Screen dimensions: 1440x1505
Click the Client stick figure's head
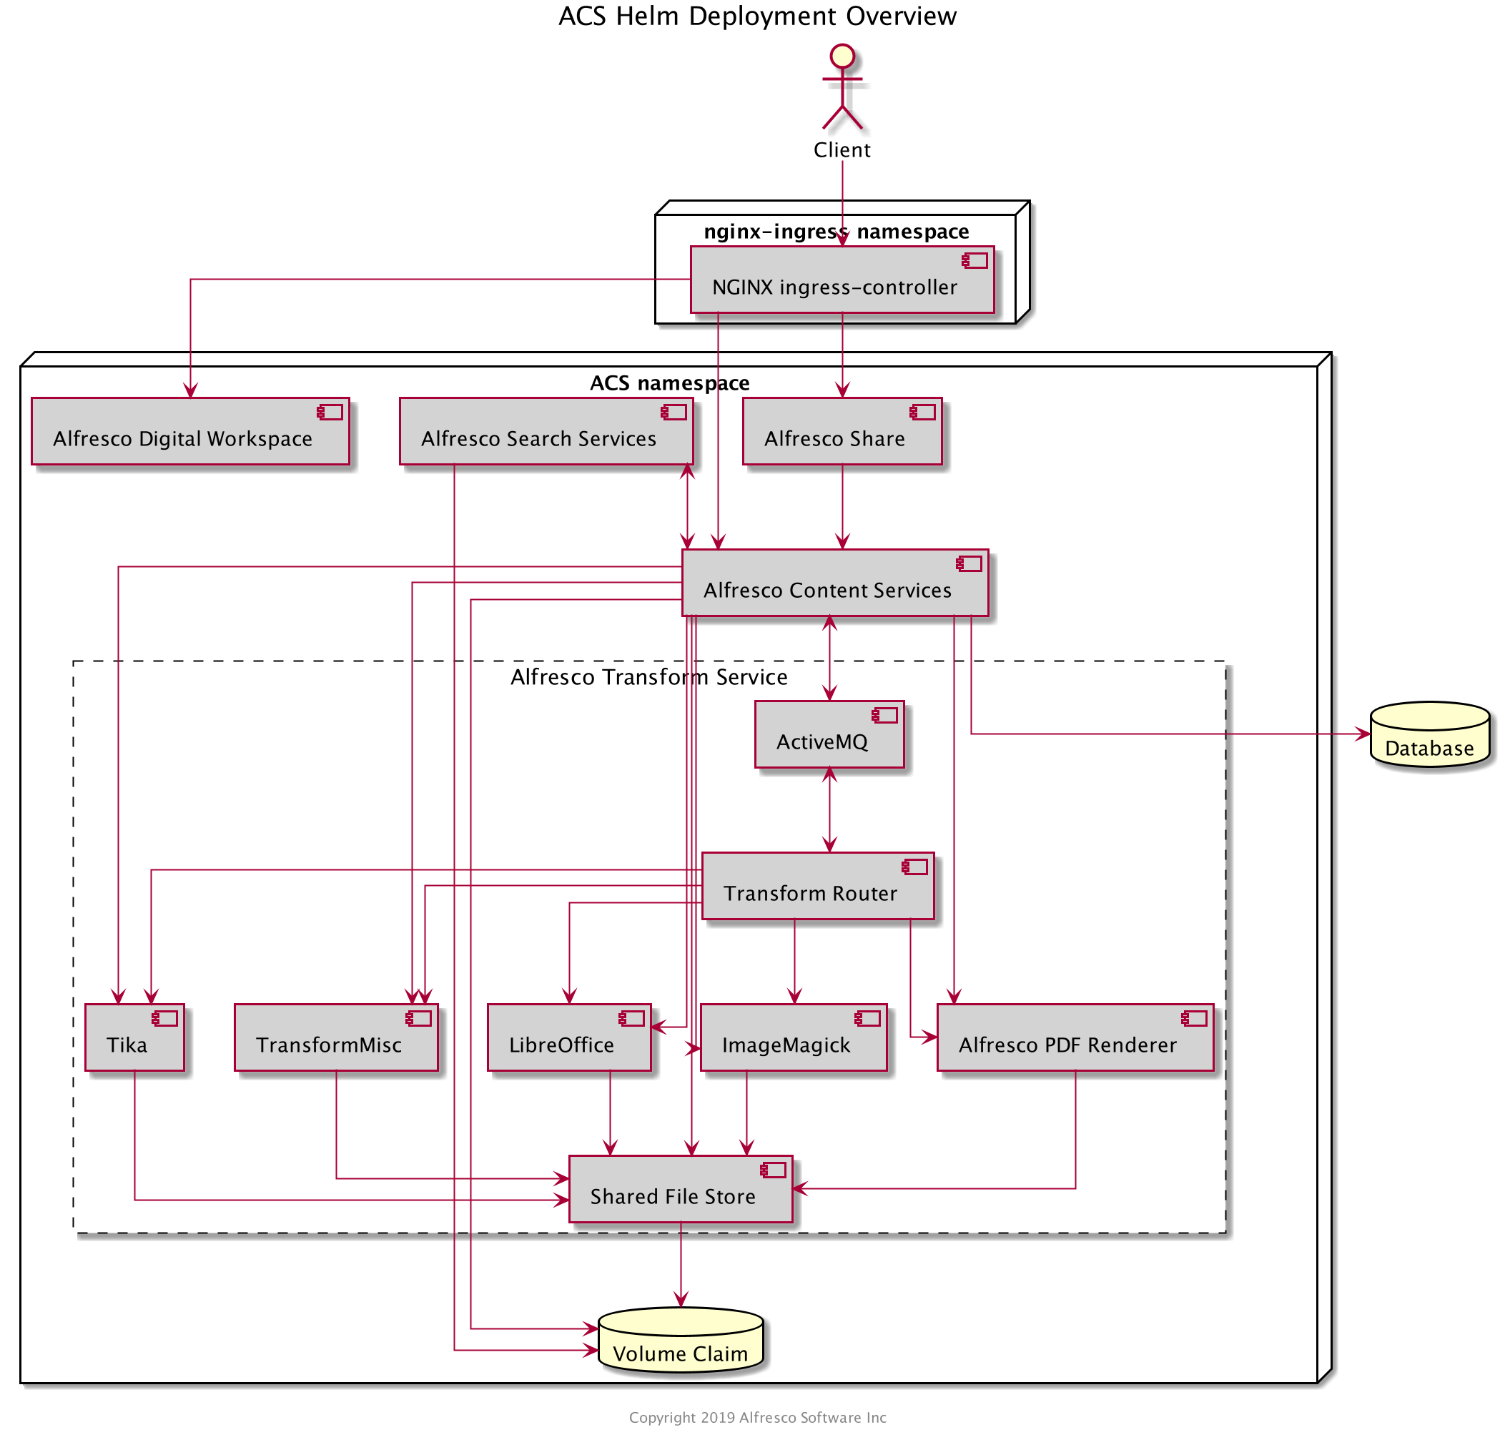click(842, 56)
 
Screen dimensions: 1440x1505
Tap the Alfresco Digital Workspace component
click(189, 431)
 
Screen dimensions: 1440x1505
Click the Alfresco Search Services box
click(545, 431)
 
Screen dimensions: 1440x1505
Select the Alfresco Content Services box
click(834, 583)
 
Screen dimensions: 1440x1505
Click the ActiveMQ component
click(829, 734)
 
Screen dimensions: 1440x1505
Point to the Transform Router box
click(817, 885)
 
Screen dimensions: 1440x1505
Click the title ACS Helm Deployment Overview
click(756, 16)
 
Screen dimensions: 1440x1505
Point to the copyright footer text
click(756, 1417)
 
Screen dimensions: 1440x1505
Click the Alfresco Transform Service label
click(648, 677)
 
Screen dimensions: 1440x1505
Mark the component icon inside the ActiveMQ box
click(884, 716)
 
